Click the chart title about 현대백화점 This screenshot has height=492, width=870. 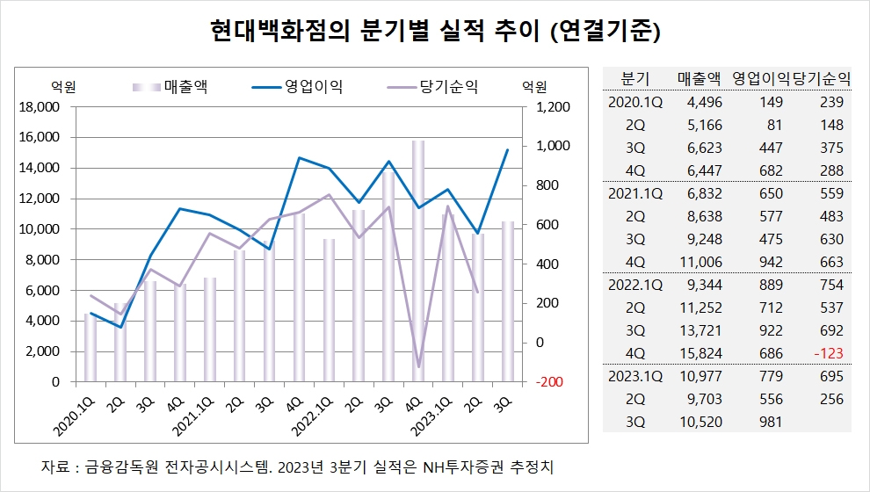tap(435, 33)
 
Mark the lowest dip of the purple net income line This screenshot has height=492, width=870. tap(418, 367)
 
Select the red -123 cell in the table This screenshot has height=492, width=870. tap(828, 353)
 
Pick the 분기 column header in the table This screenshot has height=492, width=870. tap(634, 77)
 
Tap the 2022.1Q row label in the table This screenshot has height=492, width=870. tap(634, 285)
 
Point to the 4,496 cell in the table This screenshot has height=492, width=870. tap(700, 102)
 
